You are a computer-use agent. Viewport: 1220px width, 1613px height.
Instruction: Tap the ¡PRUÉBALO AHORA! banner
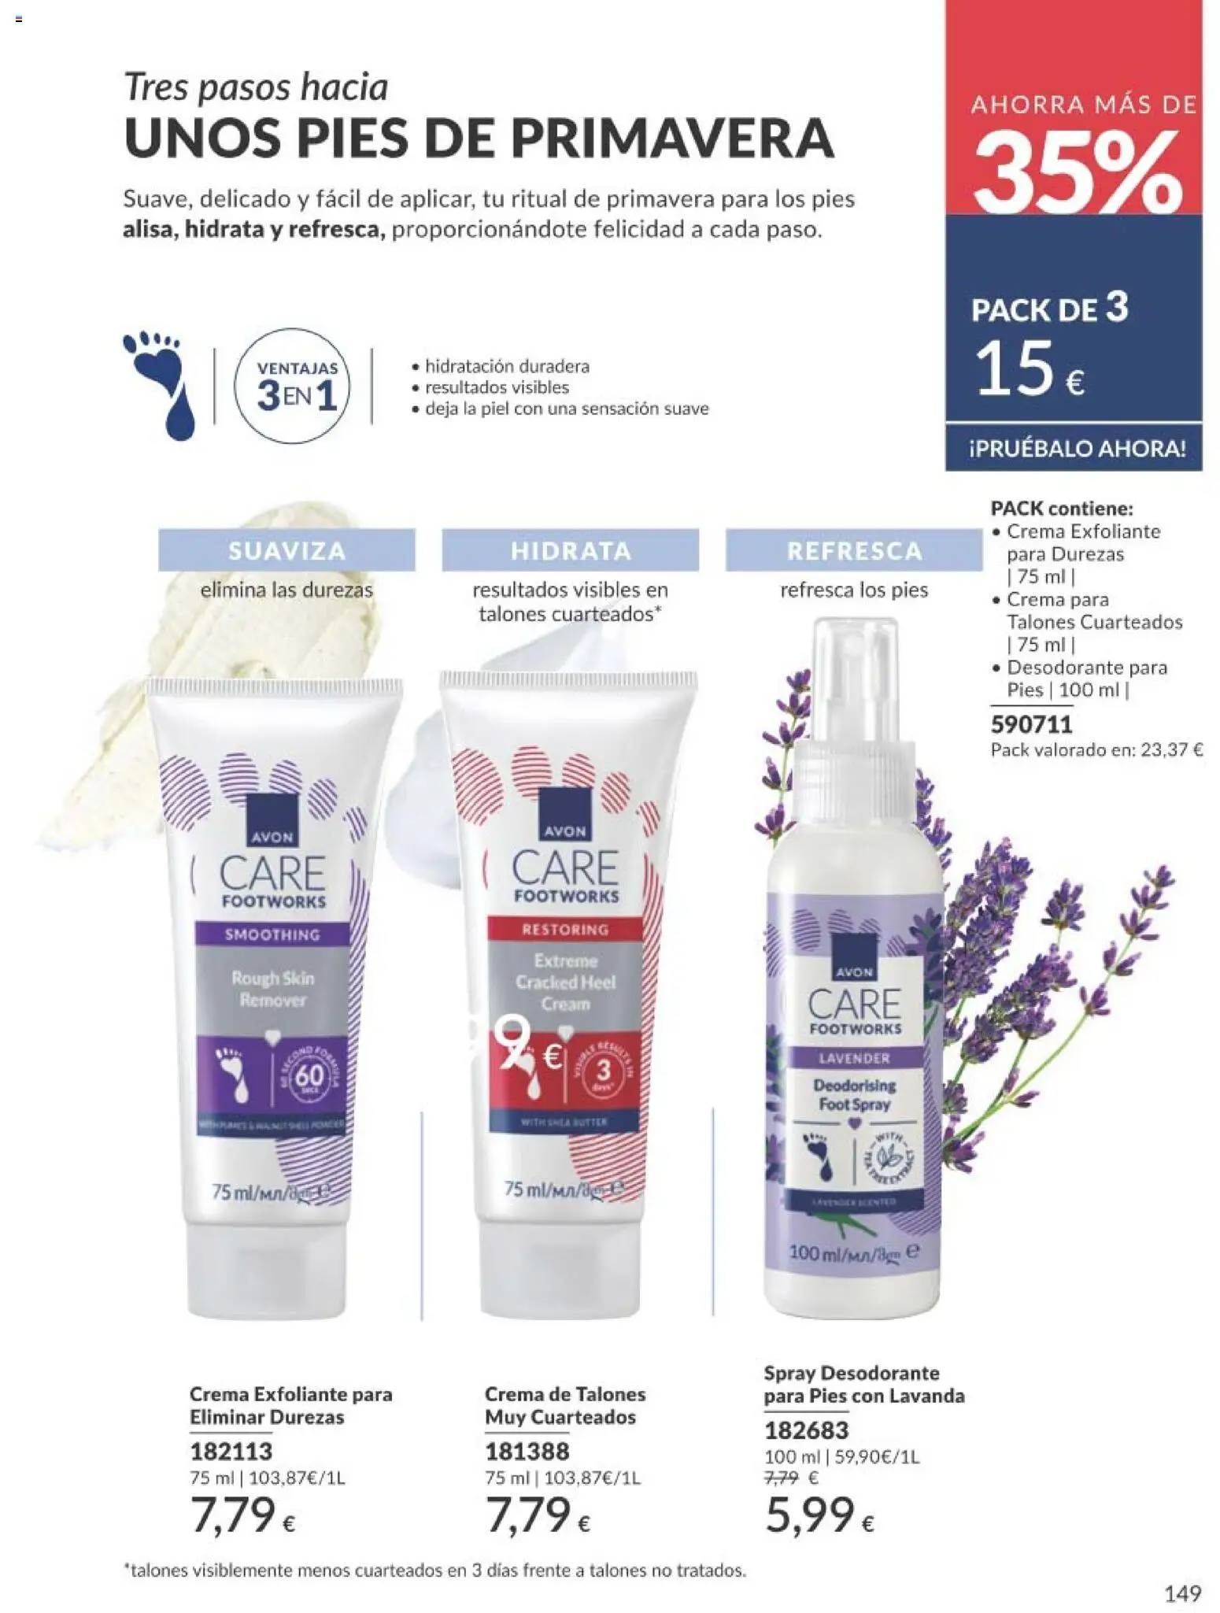pyautogui.click(x=1074, y=449)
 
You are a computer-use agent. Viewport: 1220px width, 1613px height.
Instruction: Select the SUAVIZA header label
pyautogui.click(x=287, y=550)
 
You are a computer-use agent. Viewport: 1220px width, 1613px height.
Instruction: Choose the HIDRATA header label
pyautogui.click(x=570, y=550)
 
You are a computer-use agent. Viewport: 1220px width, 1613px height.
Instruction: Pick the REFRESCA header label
pyautogui.click(x=854, y=550)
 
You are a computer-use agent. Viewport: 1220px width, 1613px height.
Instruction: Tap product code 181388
pyautogui.click(x=526, y=1450)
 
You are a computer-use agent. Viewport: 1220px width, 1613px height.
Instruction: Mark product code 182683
pyautogui.click(x=806, y=1429)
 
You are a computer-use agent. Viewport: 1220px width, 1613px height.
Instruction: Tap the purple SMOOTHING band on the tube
pyautogui.click(x=272, y=934)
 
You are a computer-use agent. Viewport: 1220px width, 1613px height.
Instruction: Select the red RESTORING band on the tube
pyautogui.click(x=565, y=930)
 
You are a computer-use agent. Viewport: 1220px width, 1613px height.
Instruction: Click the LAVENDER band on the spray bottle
pyautogui.click(x=853, y=1058)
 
